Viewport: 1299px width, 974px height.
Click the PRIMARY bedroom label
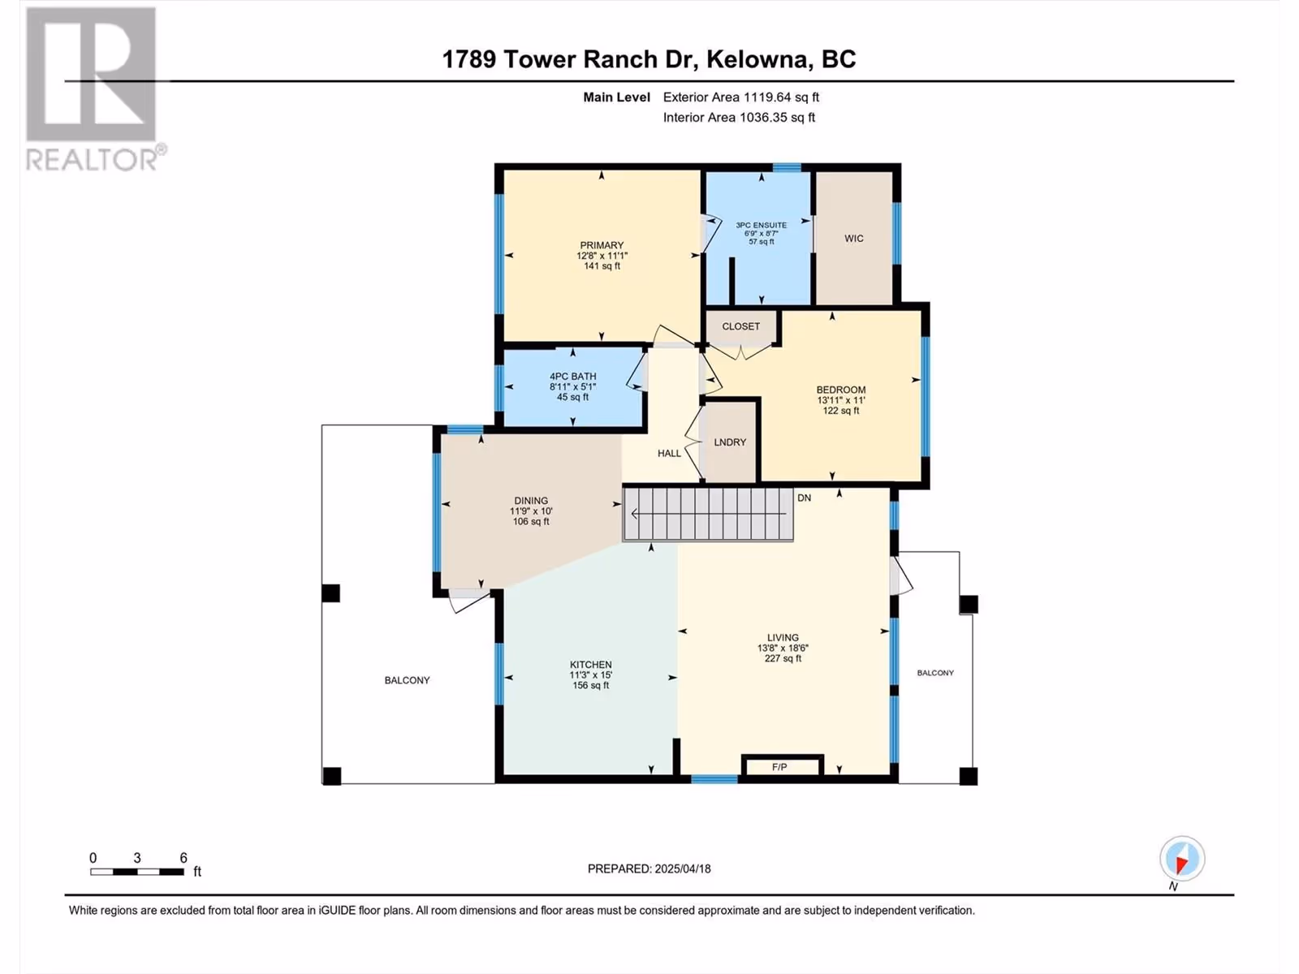(x=602, y=245)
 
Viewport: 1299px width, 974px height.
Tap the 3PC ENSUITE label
(x=761, y=225)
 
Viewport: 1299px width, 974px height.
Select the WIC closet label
(x=853, y=239)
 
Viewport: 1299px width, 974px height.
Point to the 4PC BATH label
(x=572, y=376)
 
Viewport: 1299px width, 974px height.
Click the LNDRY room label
(x=730, y=442)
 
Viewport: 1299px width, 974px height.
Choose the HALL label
(x=669, y=453)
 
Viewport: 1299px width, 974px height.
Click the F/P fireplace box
(x=783, y=766)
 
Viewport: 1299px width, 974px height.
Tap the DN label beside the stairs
(x=804, y=498)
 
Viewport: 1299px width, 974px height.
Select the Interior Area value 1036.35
(x=763, y=117)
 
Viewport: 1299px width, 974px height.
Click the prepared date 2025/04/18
(x=682, y=868)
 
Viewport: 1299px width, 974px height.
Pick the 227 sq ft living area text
(x=783, y=658)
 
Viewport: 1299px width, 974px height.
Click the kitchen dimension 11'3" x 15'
(x=590, y=674)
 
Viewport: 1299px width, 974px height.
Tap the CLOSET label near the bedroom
(x=740, y=326)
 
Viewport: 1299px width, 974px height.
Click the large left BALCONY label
(x=408, y=680)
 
